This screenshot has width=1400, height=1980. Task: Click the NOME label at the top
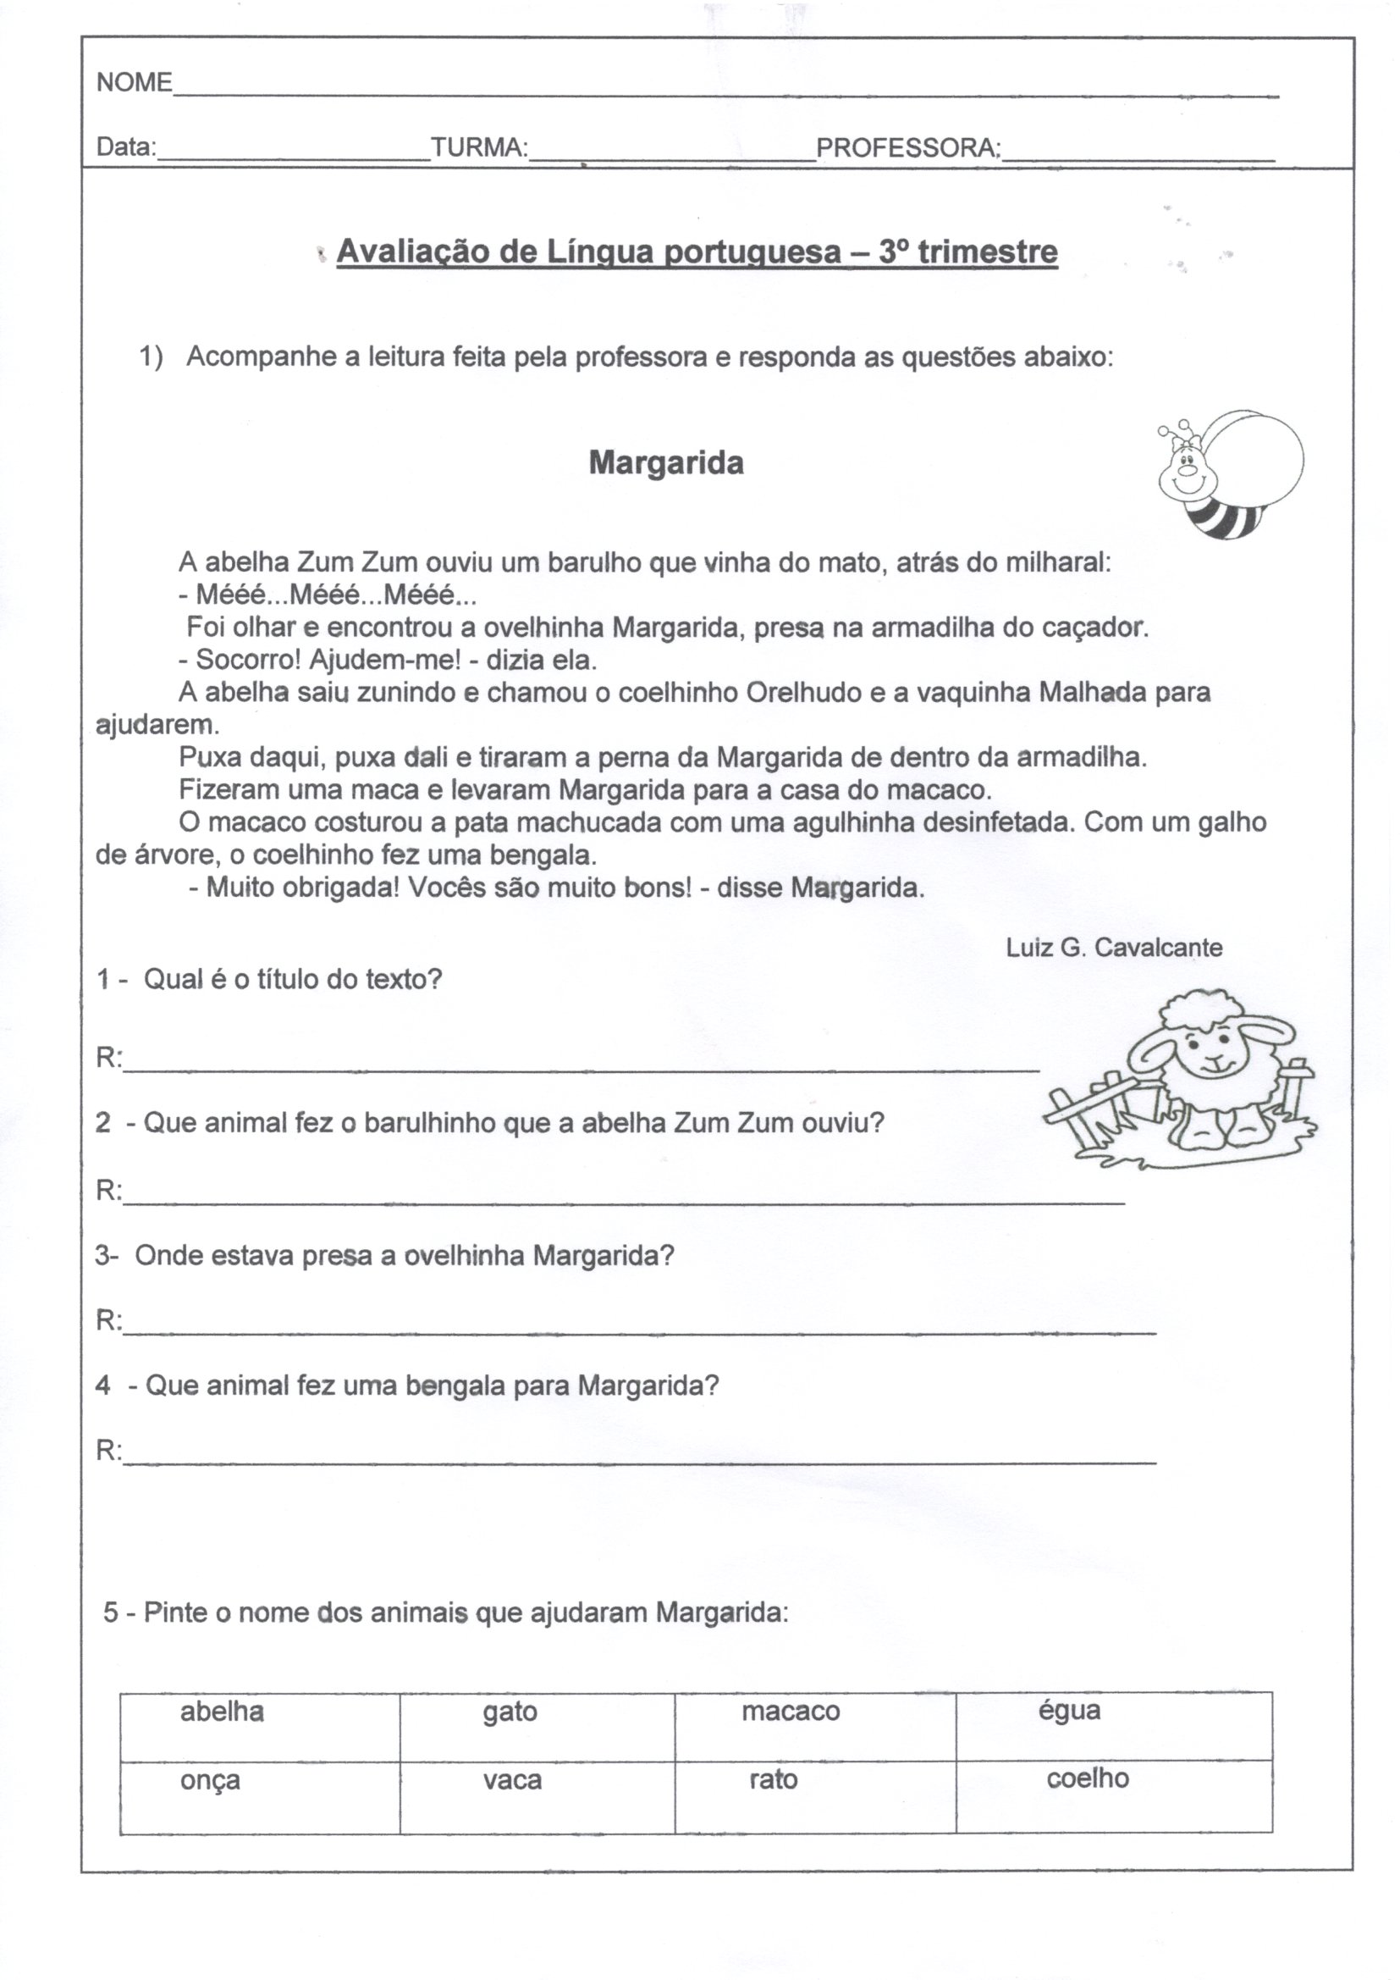[x=135, y=83]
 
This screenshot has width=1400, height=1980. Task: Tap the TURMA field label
[x=479, y=147]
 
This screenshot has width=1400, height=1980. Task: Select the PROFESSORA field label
[x=907, y=147]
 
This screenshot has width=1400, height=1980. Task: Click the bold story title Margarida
[x=665, y=463]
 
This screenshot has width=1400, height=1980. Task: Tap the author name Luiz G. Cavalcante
[x=1114, y=948]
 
